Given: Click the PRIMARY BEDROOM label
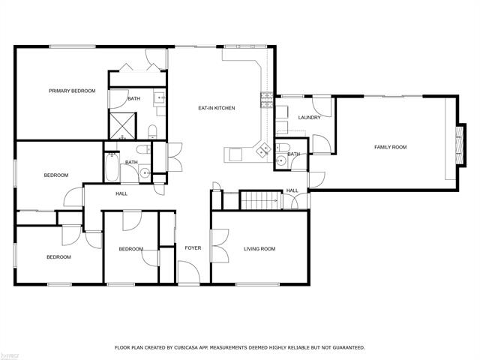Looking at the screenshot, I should [x=72, y=91].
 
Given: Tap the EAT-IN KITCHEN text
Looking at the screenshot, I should [x=217, y=108].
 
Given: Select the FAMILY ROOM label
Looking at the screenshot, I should [x=390, y=147].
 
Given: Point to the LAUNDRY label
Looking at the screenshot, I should [x=309, y=118].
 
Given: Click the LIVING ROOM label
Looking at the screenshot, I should [x=259, y=249].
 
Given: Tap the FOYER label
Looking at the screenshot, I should [x=192, y=247].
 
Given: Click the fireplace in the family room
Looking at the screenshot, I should [x=459, y=142].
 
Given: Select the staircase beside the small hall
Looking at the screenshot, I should [x=258, y=200].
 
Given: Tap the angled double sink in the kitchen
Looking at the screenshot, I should [x=263, y=150].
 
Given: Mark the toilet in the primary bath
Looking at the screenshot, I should [x=151, y=131].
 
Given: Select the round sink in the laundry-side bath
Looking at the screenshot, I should [x=280, y=159].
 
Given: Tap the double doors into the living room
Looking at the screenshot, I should [x=219, y=245].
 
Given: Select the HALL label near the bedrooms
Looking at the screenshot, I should [x=121, y=193].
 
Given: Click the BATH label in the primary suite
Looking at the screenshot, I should [x=133, y=99].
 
